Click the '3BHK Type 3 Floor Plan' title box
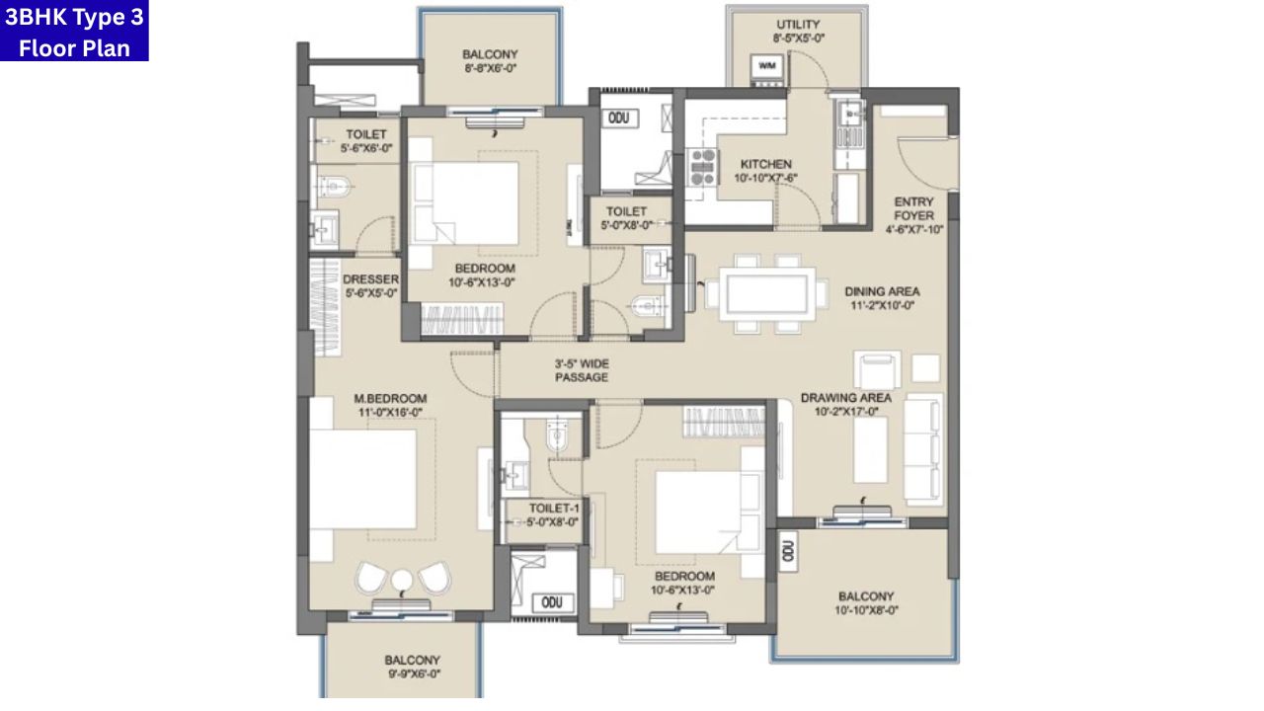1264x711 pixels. [74, 31]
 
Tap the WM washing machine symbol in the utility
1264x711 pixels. [767, 67]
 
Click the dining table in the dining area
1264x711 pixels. [765, 293]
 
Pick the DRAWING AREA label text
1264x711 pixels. [845, 405]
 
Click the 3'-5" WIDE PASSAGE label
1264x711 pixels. [581, 370]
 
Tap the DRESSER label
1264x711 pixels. [370, 285]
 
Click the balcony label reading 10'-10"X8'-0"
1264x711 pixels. [866, 603]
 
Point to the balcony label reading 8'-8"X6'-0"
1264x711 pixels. [490, 61]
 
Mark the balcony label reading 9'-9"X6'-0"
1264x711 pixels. [412, 667]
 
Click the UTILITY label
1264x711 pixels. [798, 32]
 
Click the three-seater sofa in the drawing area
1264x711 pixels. [923, 447]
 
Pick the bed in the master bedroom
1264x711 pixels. [363, 479]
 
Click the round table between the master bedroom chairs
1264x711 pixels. [402, 580]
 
